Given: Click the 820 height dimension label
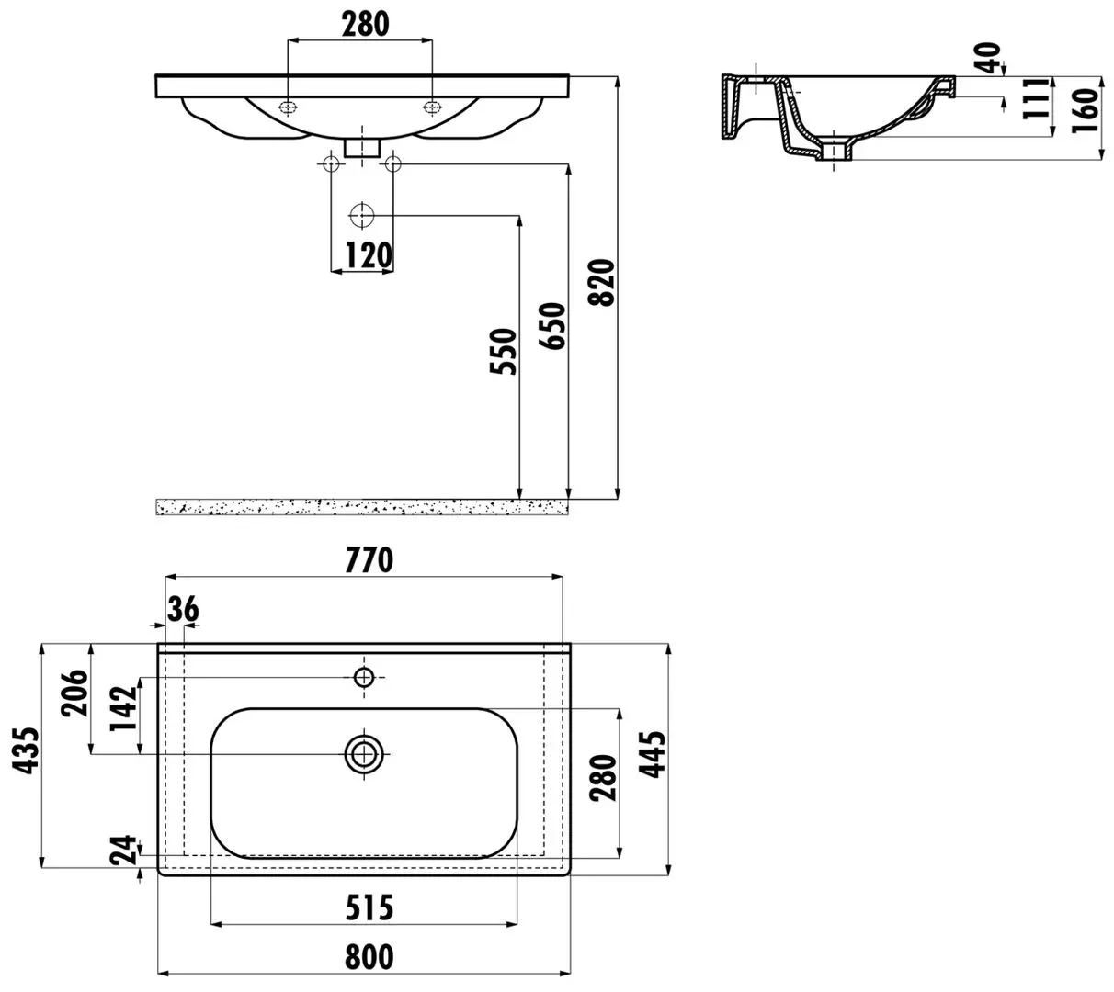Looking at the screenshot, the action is pyautogui.click(x=600, y=283).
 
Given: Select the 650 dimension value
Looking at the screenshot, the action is pyautogui.click(x=552, y=325).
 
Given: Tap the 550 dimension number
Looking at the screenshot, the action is pyautogui.click(x=503, y=351).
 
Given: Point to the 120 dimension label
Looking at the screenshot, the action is pyautogui.click(x=369, y=255).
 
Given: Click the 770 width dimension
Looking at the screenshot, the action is pyautogui.click(x=369, y=560).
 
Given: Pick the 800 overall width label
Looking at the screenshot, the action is pyautogui.click(x=369, y=956).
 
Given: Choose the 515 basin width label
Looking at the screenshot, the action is pyautogui.click(x=369, y=907).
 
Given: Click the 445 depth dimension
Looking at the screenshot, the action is pyautogui.click(x=652, y=754).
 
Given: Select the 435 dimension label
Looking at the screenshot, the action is pyautogui.click(x=26, y=750).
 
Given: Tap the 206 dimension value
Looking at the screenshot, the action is pyautogui.click(x=74, y=693).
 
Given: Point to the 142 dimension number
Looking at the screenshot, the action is pyautogui.click(x=123, y=708).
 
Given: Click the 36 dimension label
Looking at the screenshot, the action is pyautogui.click(x=183, y=610).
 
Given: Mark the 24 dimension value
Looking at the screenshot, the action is pyautogui.click(x=123, y=850).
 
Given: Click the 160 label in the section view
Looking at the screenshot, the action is pyautogui.click(x=1085, y=110).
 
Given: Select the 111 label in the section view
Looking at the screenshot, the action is pyautogui.click(x=1036, y=98).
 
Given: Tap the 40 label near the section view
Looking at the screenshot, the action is pyautogui.click(x=987, y=58).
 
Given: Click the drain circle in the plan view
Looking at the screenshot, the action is pyautogui.click(x=363, y=754).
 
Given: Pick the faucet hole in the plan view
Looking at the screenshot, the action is pyautogui.click(x=363, y=678).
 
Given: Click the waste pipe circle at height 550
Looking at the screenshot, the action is pyautogui.click(x=361, y=216).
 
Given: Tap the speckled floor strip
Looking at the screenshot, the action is pyautogui.click(x=362, y=507).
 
